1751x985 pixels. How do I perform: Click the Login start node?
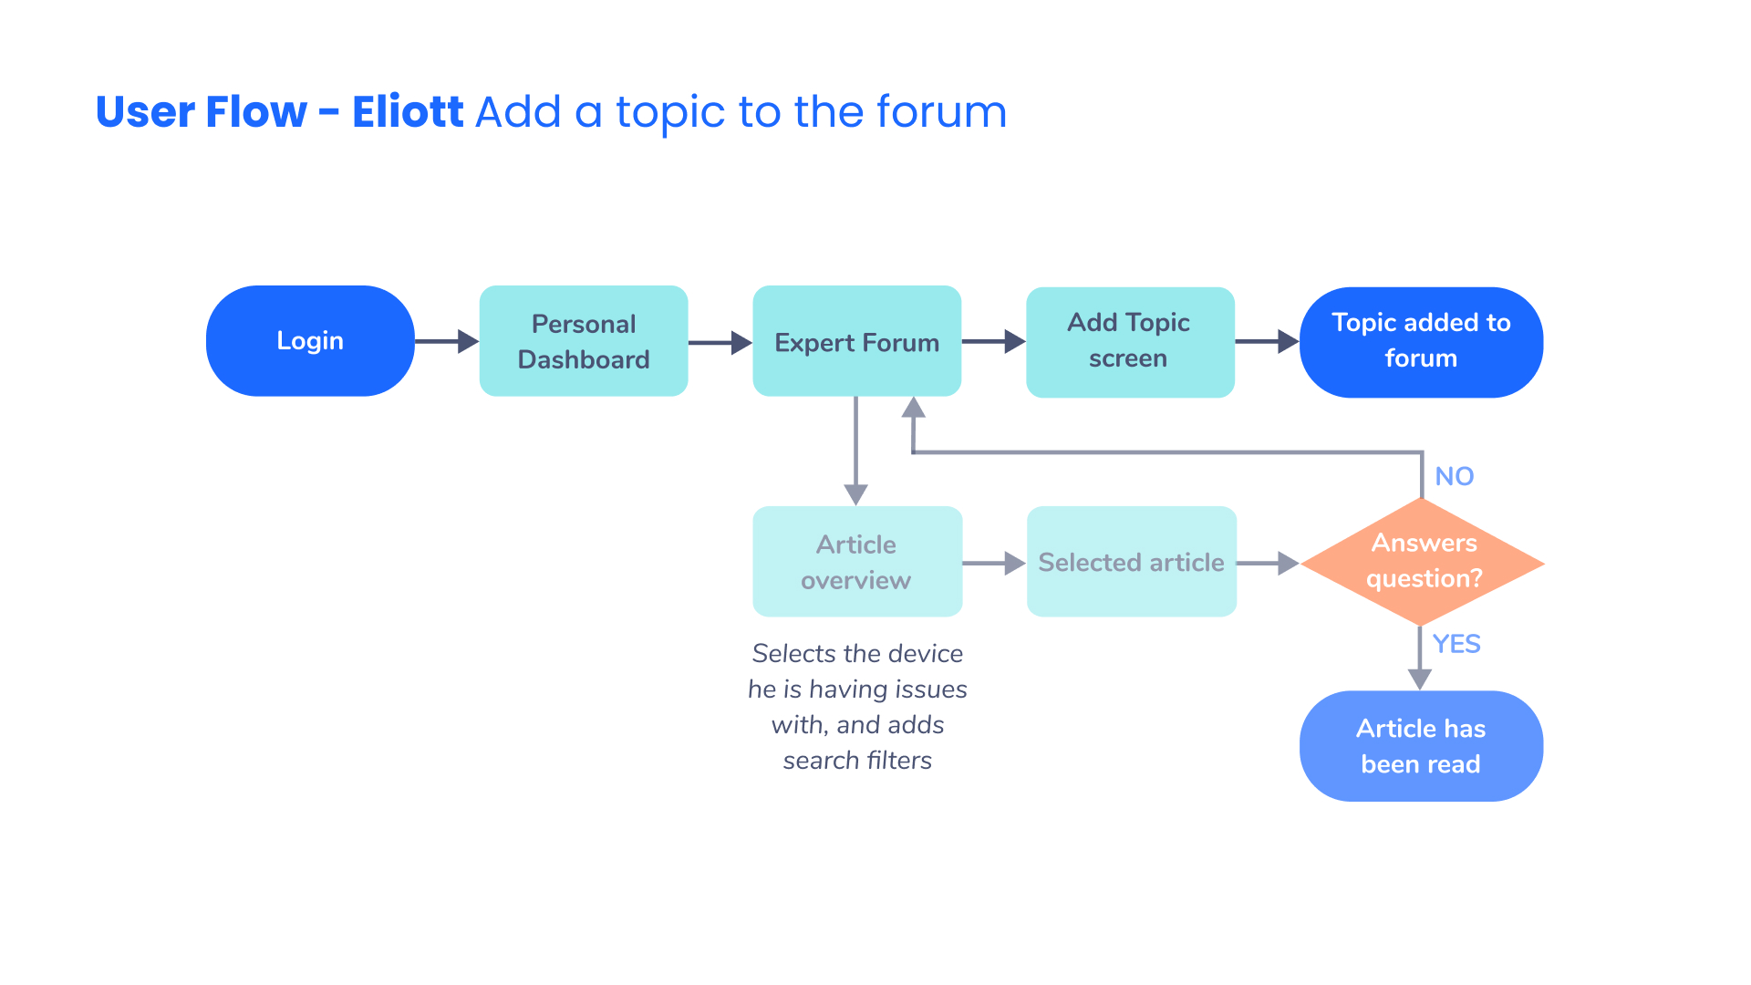click(x=310, y=341)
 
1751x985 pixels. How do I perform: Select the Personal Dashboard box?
click(x=584, y=341)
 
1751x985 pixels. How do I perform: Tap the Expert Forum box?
click(x=856, y=341)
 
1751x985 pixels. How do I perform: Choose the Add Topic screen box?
click(x=1130, y=342)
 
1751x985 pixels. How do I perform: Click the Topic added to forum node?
click(x=1421, y=342)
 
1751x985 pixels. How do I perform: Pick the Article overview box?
click(x=857, y=562)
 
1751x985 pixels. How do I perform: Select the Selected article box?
click(x=1132, y=562)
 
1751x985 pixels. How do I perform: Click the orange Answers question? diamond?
click(x=1422, y=562)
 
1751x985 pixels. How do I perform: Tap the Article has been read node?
click(x=1421, y=746)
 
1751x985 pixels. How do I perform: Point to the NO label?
click(x=1454, y=476)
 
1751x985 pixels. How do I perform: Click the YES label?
click(x=1456, y=644)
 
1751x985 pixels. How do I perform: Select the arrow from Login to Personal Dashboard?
click(x=447, y=342)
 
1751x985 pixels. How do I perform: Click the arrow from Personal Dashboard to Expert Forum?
click(x=720, y=343)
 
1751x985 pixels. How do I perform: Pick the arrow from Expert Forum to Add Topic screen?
click(x=994, y=342)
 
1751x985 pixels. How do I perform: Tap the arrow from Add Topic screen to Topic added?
click(x=1268, y=342)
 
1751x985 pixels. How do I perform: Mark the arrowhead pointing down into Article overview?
click(x=855, y=495)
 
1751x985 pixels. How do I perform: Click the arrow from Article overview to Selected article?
click(x=995, y=564)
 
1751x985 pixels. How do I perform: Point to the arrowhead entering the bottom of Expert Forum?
click(x=913, y=408)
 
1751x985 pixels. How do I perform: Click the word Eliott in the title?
click(x=408, y=112)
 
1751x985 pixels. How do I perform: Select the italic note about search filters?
click(x=857, y=707)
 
